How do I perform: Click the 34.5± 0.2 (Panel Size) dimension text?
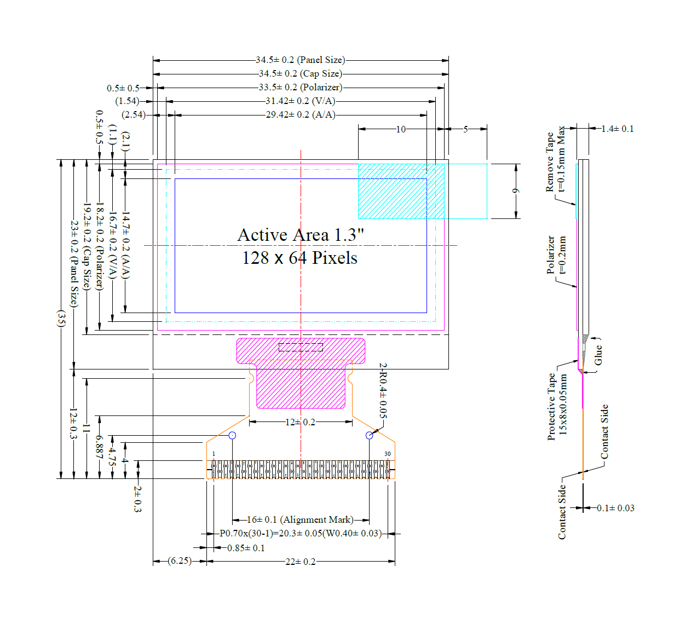301,60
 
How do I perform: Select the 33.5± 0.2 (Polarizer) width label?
301,88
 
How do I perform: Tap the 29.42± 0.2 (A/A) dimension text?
301,115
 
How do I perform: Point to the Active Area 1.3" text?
301,235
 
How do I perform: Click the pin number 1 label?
214,454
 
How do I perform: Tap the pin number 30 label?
388,454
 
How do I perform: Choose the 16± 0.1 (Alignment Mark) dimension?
301,519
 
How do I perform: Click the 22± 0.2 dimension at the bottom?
301,562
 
